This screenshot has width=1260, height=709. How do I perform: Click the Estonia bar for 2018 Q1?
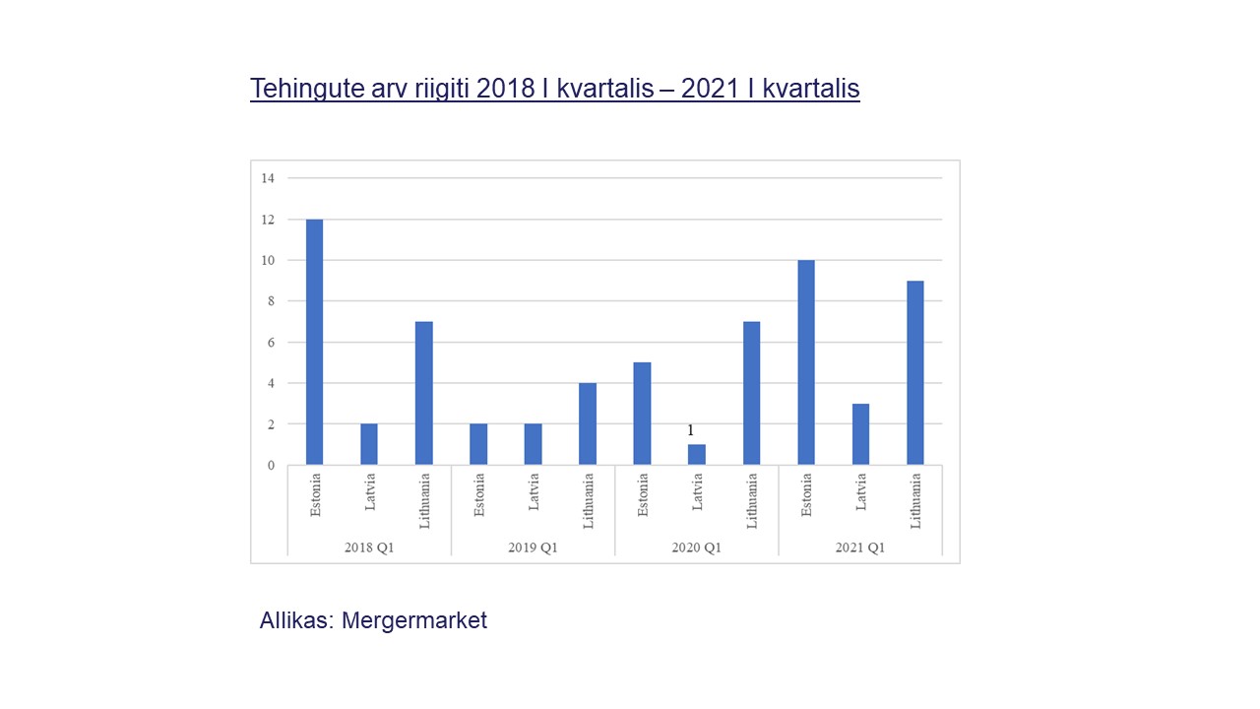[315, 342]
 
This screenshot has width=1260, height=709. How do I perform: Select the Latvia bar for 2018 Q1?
[369, 444]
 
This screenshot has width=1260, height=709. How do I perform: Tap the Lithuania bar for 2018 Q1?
[424, 393]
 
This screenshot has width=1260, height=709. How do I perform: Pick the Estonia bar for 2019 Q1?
[478, 444]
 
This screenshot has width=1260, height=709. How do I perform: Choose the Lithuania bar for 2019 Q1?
[588, 423]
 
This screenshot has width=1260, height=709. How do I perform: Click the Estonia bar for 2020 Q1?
[642, 414]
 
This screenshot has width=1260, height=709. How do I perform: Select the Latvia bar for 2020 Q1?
[697, 455]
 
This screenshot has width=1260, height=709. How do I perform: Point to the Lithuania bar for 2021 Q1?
[915, 372]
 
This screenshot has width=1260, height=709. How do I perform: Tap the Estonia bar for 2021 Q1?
[806, 362]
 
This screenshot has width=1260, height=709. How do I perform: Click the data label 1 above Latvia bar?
[690, 430]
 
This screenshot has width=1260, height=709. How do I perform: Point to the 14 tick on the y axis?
[268, 178]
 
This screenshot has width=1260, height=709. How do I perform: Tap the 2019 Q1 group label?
[533, 548]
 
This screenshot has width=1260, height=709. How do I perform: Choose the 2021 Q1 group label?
[860, 548]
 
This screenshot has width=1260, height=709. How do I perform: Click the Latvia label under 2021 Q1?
[861, 492]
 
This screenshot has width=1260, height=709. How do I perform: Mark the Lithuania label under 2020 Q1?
[752, 501]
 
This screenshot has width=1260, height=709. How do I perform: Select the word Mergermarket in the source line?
[414, 620]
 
